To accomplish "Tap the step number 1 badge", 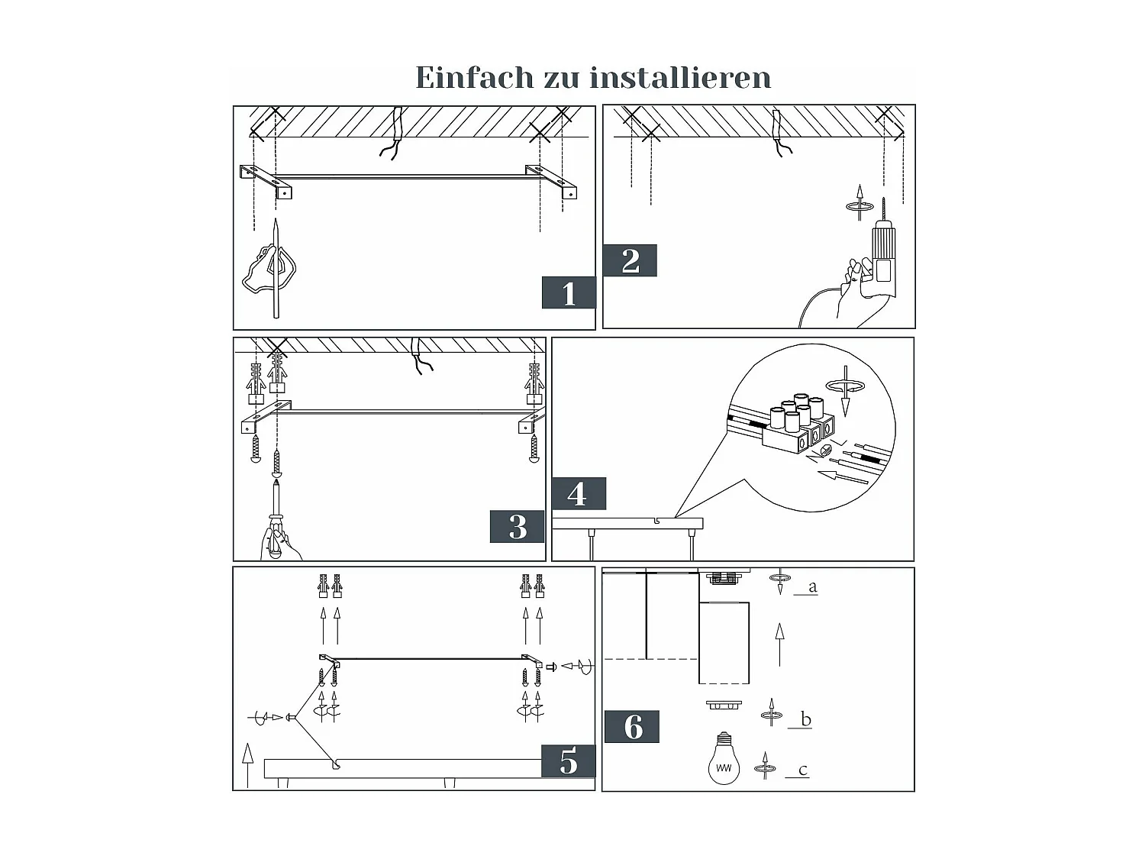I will (x=569, y=293).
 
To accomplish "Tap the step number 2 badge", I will (x=630, y=261).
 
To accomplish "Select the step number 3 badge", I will (x=518, y=527).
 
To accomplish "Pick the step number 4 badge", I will (x=578, y=494).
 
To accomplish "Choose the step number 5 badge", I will (x=569, y=761).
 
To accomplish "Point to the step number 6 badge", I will (x=632, y=727).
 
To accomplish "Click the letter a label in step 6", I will (x=812, y=587).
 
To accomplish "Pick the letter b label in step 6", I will (x=805, y=719).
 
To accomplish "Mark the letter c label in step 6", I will (x=802, y=770).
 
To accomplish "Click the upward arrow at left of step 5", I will (x=247, y=764).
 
